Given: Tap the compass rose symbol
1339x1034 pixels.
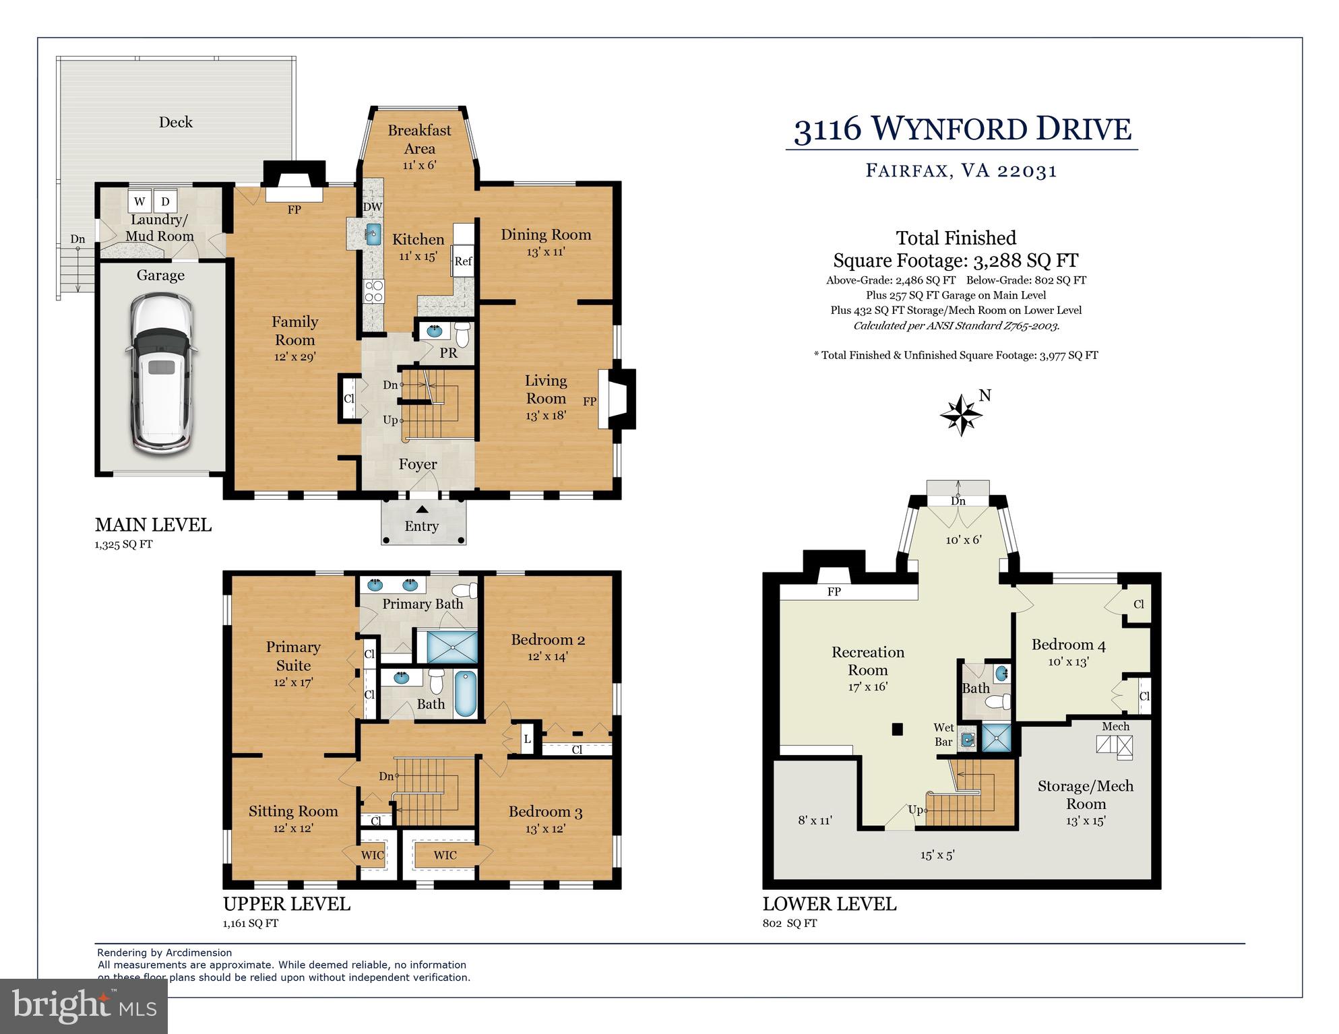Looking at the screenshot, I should [961, 415].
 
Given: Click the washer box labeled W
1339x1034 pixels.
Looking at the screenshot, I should [139, 201].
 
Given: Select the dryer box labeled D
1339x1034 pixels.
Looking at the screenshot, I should [165, 201].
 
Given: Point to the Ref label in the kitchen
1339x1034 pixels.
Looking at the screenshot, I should [463, 261].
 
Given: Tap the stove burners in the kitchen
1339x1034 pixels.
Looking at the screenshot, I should [373, 291].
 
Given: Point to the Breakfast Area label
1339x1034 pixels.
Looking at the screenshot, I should [419, 139].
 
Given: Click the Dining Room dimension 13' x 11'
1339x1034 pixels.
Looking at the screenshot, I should [545, 252].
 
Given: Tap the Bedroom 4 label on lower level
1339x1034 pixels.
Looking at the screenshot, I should [1068, 645].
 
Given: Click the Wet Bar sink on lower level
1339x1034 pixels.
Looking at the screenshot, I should [968, 740].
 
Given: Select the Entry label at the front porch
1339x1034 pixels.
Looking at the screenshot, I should [421, 526].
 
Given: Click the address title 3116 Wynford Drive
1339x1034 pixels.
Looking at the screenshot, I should [962, 129].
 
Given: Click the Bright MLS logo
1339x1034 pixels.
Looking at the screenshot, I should [84, 1006].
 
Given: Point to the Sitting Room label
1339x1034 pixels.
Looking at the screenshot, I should [293, 811].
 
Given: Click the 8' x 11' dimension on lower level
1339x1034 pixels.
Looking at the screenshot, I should [815, 820].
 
